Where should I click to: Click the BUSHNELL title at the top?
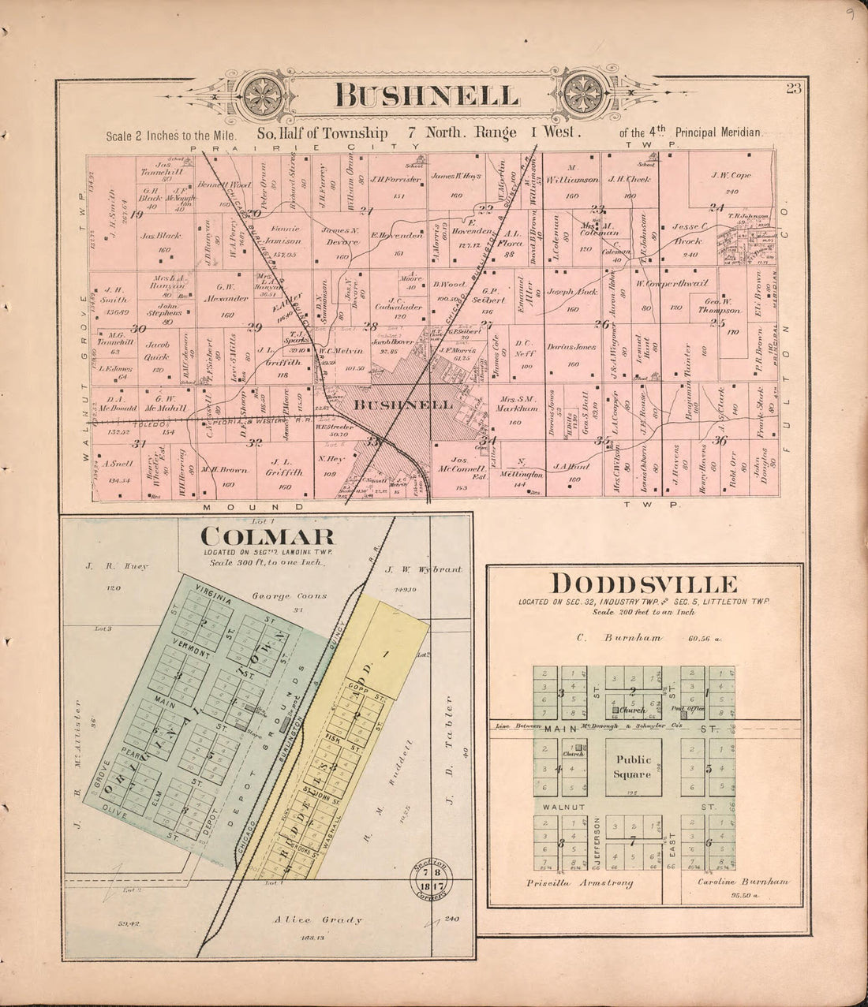[427, 95]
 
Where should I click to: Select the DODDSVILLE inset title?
[645, 584]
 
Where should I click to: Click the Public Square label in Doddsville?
[634, 766]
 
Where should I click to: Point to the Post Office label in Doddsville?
[695, 709]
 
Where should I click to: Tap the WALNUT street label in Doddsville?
[562, 808]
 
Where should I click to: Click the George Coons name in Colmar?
[278, 595]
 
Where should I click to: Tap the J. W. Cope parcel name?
[731, 175]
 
